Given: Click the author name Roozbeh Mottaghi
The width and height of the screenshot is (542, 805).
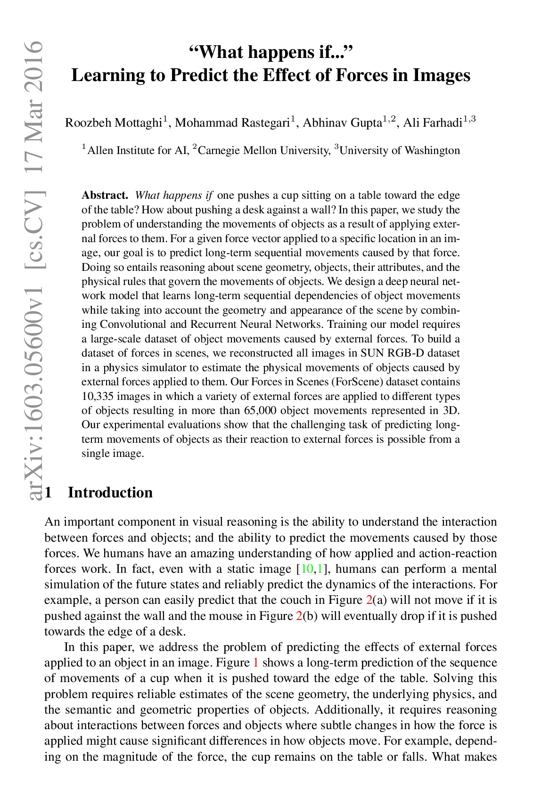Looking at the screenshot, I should tap(114, 123).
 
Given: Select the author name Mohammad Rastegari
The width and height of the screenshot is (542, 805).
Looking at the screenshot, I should tap(232, 123).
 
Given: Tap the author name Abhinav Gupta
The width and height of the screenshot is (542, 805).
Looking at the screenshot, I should tap(342, 123).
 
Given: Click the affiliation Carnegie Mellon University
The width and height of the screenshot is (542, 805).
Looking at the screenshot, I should tap(264, 150).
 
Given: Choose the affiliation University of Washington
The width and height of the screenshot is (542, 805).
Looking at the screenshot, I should tap(400, 150).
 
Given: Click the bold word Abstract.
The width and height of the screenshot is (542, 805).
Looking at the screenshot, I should tap(105, 195).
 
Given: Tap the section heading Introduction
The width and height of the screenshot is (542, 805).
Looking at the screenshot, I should tap(110, 492).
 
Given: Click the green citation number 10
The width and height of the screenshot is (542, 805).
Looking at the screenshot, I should tap(307, 569).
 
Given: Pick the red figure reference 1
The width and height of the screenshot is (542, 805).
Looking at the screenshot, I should tap(256, 662).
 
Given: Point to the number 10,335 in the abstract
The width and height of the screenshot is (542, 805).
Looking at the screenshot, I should tap(98, 396).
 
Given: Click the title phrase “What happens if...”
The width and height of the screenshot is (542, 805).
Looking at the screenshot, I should tap(271, 51).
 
